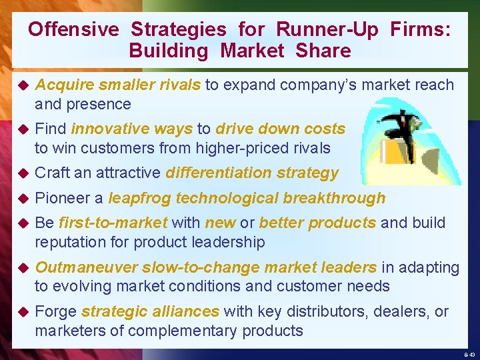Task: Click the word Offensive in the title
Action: (x=73, y=29)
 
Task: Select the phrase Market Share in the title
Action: (x=285, y=51)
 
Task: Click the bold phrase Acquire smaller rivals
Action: (x=117, y=85)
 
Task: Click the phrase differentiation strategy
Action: (x=252, y=173)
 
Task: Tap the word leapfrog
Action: (x=141, y=198)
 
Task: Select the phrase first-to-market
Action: (x=113, y=223)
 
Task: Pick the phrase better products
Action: (x=317, y=223)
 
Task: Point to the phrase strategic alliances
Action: (x=150, y=311)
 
